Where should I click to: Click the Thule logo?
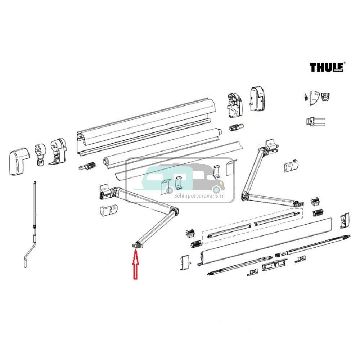point(327,67)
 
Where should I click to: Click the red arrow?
point(135,266)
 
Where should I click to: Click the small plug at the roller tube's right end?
point(236,127)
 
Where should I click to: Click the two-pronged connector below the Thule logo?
point(315,121)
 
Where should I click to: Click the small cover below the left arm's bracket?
point(108,210)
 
